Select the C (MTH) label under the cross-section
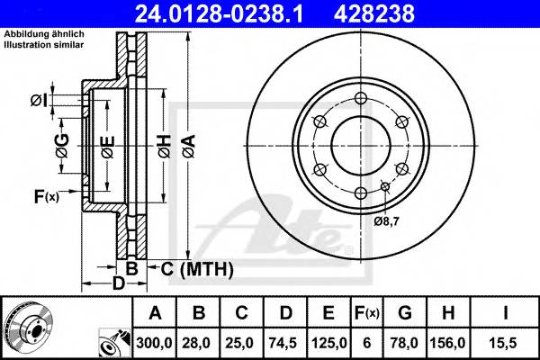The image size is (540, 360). click(x=196, y=269)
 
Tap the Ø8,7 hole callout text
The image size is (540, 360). click(x=388, y=220)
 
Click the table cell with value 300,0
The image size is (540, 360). click(x=155, y=341)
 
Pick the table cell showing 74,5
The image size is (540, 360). click(x=286, y=341)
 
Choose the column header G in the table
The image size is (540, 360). click(x=404, y=313)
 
